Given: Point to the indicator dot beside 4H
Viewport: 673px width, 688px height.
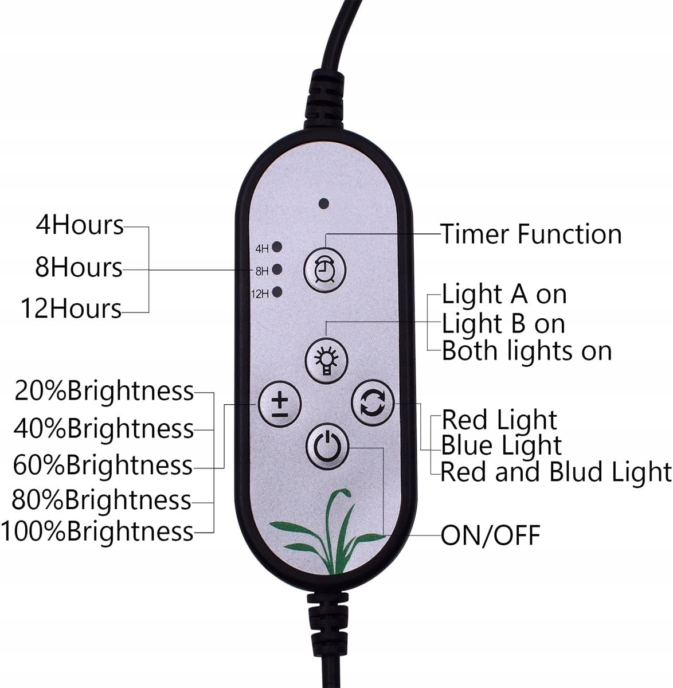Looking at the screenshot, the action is (x=277, y=247).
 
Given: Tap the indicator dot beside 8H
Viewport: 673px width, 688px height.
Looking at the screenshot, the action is (x=277, y=269).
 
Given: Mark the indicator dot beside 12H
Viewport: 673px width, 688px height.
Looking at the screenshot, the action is (x=277, y=292).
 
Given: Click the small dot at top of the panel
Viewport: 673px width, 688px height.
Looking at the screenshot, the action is (x=323, y=203).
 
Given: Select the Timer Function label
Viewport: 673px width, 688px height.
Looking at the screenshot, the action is (x=531, y=234).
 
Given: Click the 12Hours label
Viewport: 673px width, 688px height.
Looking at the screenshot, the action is (x=72, y=308).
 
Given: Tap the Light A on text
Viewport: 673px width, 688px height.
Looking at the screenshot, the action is (x=504, y=295).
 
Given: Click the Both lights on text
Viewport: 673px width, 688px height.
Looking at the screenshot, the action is (x=526, y=350).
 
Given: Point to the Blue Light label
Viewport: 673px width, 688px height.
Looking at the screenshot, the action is (x=502, y=445).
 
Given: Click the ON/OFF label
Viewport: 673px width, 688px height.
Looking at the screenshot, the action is (x=490, y=535).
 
